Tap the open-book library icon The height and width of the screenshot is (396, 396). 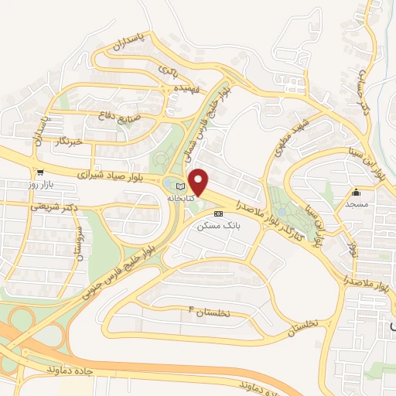tap(182, 187)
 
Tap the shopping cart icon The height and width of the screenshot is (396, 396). tap(39, 172)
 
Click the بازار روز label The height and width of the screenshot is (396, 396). tap(39, 186)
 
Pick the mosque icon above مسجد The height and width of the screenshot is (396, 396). tap(357, 193)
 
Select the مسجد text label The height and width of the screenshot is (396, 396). tap(357, 204)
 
